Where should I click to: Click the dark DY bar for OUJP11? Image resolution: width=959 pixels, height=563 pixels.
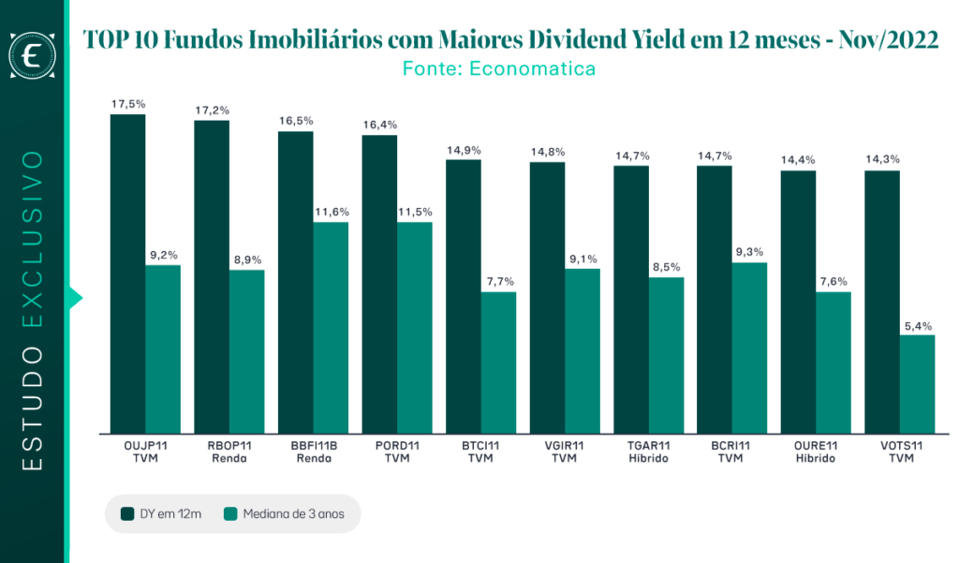(x=127, y=274)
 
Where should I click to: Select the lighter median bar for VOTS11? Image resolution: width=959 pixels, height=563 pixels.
(x=918, y=384)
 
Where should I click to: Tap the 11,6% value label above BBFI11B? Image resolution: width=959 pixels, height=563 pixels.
(x=332, y=213)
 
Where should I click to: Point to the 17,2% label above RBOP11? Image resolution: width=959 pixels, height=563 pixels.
(x=213, y=111)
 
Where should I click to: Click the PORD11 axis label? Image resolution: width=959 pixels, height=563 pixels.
(x=397, y=446)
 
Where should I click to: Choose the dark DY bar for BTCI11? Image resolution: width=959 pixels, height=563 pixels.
(x=464, y=297)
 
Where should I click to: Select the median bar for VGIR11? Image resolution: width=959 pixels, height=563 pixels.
(x=583, y=351)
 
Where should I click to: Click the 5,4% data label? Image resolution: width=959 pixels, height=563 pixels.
(x=918, y=326)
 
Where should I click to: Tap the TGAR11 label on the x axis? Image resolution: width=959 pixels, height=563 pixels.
(x=649, y=446)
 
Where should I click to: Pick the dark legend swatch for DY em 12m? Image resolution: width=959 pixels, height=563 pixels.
(x=127, y=514)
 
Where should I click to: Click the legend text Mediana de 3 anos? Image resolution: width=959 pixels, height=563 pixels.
(x=293, y=514)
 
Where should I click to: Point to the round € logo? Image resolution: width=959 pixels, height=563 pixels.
(x=32, y=55)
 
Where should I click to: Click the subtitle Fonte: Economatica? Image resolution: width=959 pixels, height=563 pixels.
(x=499, y=68)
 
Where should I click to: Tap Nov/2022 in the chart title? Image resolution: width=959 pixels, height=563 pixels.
(x=888, y=39)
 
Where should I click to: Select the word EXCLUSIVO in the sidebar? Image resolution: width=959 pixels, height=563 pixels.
(x=32, y=239)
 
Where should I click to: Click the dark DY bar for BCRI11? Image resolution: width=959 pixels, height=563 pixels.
(x=715, y=300)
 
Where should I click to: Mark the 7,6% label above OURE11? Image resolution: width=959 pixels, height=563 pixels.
(x=834, y=281)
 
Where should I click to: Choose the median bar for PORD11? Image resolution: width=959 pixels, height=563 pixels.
(x=415, y=328)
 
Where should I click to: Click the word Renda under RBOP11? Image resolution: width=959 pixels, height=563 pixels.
(x=229, y=458)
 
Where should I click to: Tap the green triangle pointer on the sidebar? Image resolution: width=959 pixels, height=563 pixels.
(x=75, y=298)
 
